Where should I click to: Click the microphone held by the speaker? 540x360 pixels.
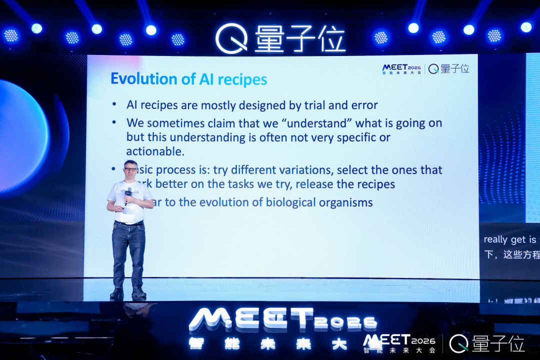click(x=128, y=193)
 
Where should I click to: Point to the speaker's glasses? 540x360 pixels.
click(x=130, y=169)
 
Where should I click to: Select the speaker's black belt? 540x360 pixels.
click(x=129, y=223)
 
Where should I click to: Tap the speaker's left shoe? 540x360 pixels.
click(x=138, y=292)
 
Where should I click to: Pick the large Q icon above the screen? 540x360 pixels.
click(x=231, y=38)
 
